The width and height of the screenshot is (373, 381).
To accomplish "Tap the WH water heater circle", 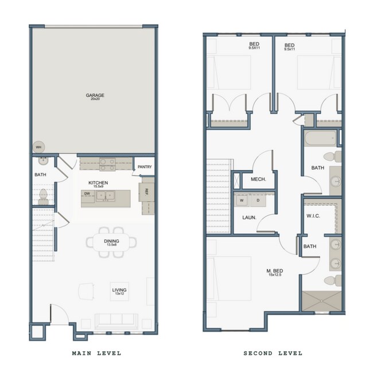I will tap(39, 147).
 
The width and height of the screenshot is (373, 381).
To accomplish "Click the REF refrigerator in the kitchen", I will tap(147, 192).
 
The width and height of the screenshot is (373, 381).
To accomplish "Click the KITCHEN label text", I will tap(98, 183).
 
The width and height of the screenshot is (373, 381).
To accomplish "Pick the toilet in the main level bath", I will tap(42, 197).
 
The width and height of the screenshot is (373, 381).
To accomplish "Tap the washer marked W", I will tap(242, 201).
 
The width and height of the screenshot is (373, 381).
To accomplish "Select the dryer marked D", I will tap(258, 201).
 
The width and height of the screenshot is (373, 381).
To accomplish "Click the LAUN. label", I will tap(248, 218).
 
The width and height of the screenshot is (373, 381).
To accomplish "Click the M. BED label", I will tap(274, 271).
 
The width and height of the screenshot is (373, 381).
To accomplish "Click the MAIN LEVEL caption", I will tap(96, 353).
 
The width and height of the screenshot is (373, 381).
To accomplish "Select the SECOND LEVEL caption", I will tap(273, 353).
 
